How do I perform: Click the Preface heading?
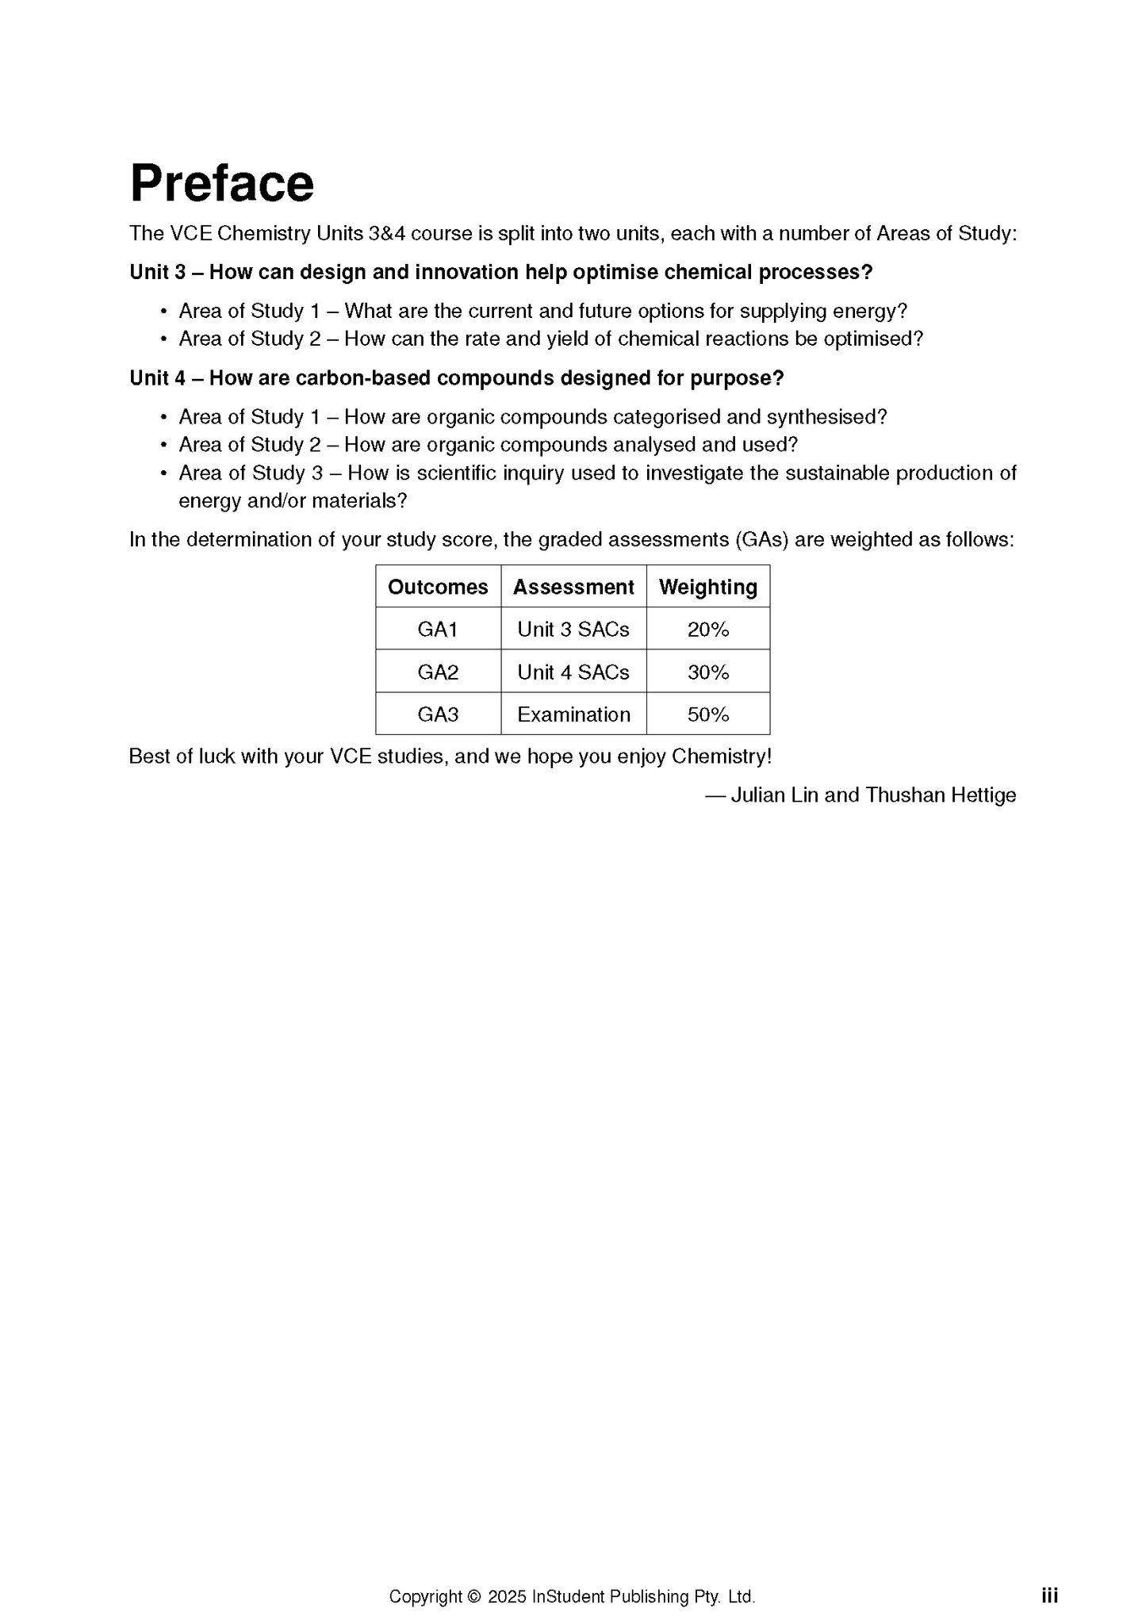222,183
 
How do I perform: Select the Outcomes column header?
438,587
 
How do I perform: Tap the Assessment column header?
573,587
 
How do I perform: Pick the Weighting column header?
708,587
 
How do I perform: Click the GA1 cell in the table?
438,630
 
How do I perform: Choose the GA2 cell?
438,672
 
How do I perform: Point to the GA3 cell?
438,714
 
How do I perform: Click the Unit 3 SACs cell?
573,630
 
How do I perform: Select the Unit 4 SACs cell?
573,672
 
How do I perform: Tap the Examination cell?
573,714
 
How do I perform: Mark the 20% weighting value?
708,630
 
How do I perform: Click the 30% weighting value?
708,672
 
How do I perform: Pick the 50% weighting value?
708,714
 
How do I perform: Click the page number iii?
1049,1595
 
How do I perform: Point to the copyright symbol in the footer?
474,1596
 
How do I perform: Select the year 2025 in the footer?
507,1596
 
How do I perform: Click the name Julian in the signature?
757,795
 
